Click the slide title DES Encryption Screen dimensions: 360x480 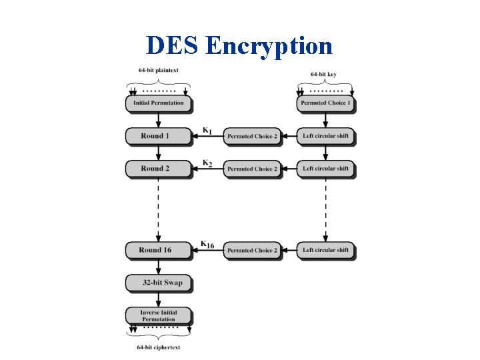tap(239, 45)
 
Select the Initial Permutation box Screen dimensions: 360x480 tap(159, 103)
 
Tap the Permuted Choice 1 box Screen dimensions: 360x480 tap(325, 103)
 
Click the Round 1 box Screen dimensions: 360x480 tap(158, 136)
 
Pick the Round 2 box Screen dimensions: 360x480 tap(158, 169)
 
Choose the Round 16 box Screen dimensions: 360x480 tap(158, 250)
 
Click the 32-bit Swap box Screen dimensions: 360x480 tap(158, 283)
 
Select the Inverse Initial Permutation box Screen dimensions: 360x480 tap(158, 315)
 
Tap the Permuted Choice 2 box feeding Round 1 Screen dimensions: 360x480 tap(251, 136)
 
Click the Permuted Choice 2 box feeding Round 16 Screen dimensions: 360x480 tap(251, 250)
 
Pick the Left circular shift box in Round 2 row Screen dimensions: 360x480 tap(325, 169)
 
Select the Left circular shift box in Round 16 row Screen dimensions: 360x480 tap(325, 250)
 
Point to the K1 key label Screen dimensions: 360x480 tap(207, 131)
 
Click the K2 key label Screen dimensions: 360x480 tap(207, 163)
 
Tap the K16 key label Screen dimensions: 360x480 tap(207, 245)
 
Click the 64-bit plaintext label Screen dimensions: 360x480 tap(158, 71)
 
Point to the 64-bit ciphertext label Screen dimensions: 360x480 tap(158, 347)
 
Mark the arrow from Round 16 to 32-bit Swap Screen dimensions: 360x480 tap(158, 267)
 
